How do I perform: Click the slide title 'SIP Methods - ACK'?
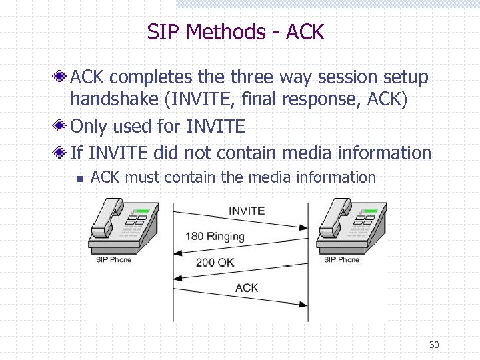235,32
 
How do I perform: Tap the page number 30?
434,345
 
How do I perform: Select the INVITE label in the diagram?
247,211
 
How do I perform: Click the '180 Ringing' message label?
215,236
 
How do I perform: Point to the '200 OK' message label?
215,262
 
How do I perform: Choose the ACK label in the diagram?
247,288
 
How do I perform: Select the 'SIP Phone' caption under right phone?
341,259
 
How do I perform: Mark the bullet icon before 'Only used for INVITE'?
60,126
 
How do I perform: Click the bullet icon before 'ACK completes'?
60,78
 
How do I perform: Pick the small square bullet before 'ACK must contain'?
78,178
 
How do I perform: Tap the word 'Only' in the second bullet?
89,126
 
